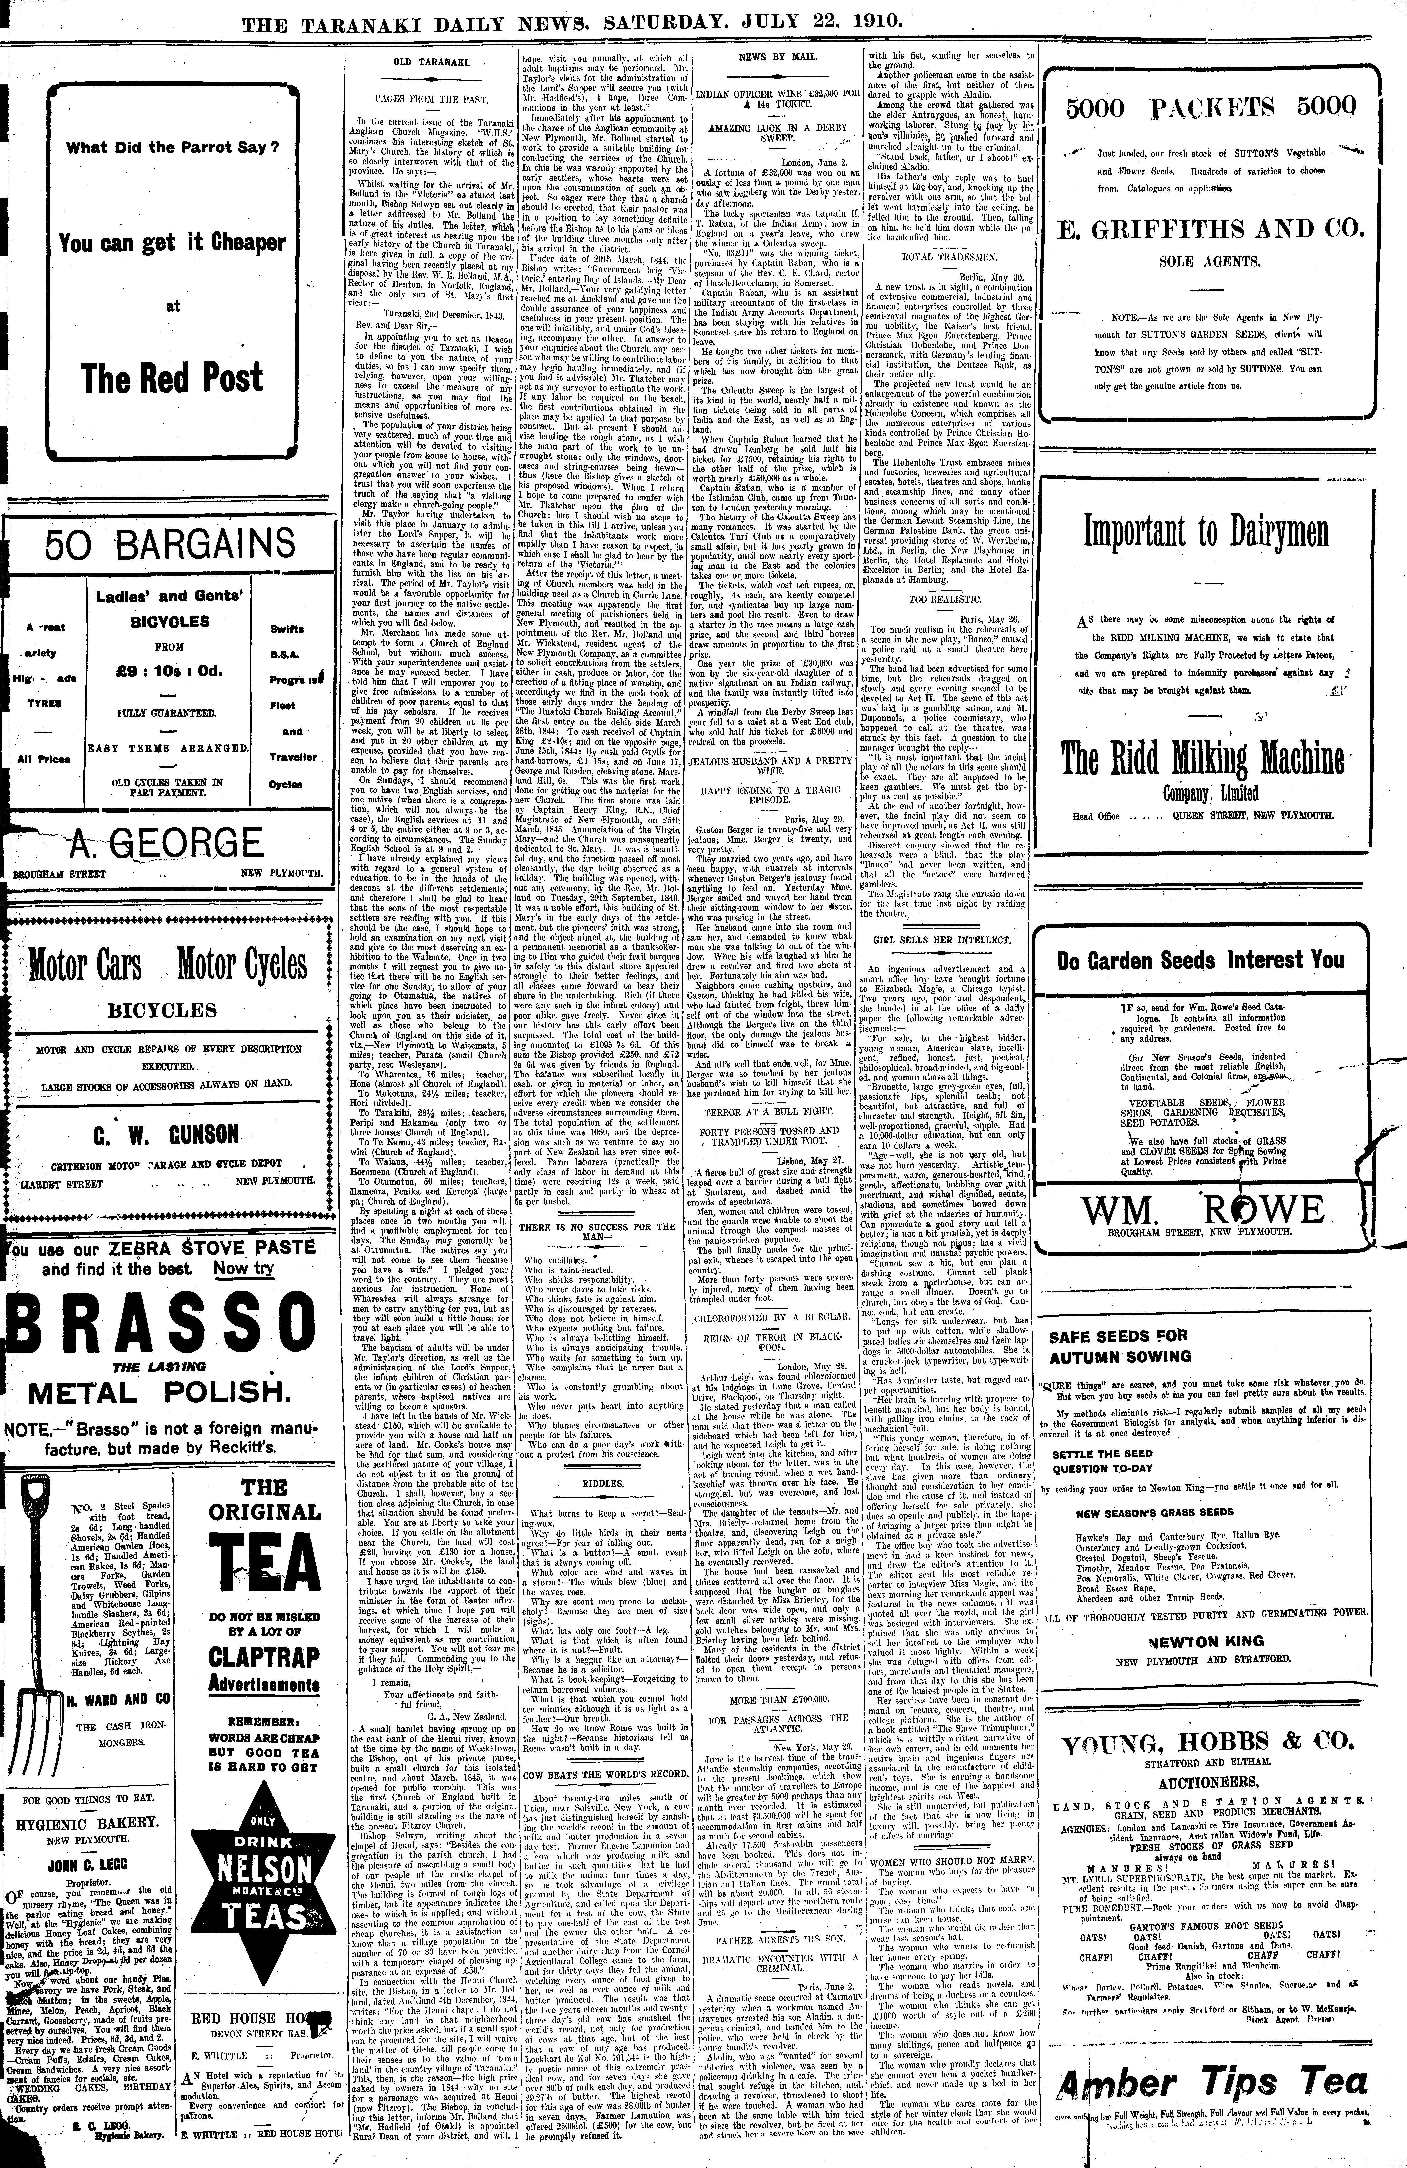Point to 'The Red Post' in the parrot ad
click(173, 377)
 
